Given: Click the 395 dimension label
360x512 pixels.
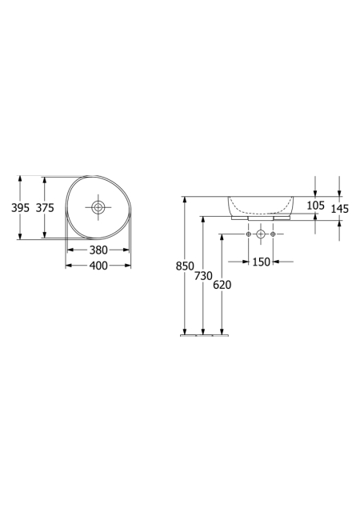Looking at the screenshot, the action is tap(20, 208).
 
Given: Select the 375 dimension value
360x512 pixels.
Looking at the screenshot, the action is tap(45, 208).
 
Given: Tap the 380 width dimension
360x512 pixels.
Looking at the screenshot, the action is tap(98, 250).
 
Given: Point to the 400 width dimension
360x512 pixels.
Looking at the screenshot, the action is tap(98, 266).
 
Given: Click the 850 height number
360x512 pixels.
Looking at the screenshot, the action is tap(185, 266).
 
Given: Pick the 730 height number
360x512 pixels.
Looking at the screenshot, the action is tap(203, 276).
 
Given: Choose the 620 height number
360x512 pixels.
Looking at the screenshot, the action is tap(222, 285).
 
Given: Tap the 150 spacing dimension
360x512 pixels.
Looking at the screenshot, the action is tap(262, 262).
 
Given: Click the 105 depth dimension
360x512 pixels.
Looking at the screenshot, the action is tap(315, 206).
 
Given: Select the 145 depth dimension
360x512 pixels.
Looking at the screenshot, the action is tap(340, 209).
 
